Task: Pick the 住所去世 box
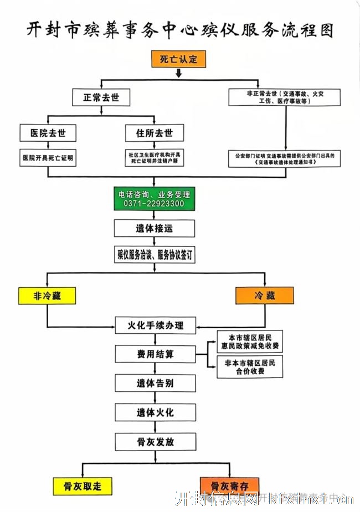click(x=154, y=133)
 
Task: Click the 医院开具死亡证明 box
click(x=48, y=158)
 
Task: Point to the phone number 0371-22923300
click(x=155, y=204)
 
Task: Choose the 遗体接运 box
click(x=155, y=228)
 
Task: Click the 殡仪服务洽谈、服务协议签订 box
click(x=155, y=255)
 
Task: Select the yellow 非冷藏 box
click(x=47, y=296)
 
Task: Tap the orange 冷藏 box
click(x=264, y=296)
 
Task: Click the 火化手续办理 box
click(x=156, y=325)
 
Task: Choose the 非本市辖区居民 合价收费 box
click(x=250, y=367)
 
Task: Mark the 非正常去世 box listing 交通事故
click(x=286, y=97)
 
